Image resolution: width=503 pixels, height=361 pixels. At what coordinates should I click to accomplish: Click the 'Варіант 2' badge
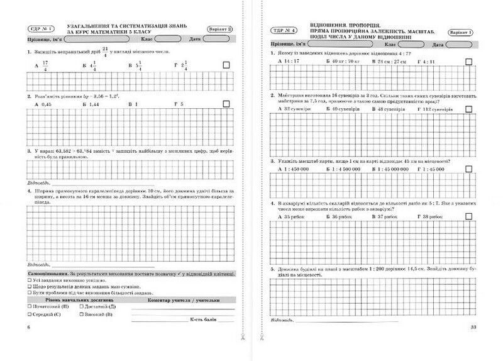221,29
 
